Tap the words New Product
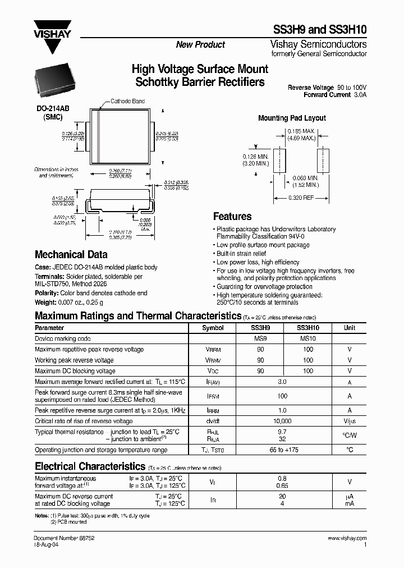click(x=200, y=45)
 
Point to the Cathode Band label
click(x=127, y=102)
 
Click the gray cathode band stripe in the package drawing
click(x=98, y=135)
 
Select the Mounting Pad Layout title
click(x=292, y=118)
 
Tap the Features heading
click(x=232, y=217)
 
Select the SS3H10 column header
click(x=307, y=328)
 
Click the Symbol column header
click(x=213, y=328)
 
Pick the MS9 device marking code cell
click(x=260, y=338)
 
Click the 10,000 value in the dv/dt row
click(x=282, y=421)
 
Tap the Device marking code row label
click(x=63, y=339)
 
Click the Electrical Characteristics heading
click(x=90, y=466)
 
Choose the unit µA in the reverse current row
click(x=349, y=496)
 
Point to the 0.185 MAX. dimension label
click(x=302, y=131)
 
